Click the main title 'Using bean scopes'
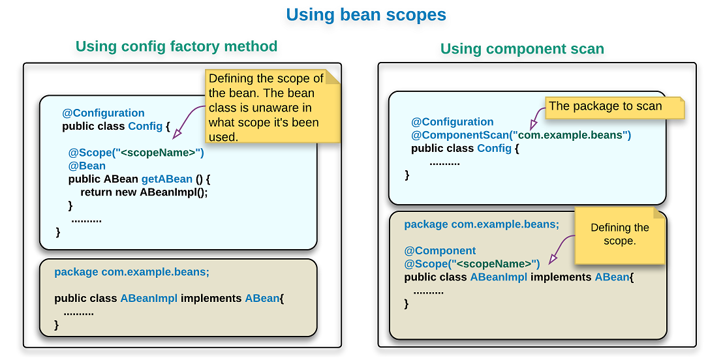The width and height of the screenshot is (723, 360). click(366, 15)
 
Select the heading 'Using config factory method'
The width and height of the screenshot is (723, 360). click(176, 46)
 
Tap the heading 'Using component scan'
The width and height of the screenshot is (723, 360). click(522, 49)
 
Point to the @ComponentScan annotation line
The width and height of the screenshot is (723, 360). click(521, 135)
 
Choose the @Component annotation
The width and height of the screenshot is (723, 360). click(440, 250)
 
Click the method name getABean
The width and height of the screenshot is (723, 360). click(166, 179)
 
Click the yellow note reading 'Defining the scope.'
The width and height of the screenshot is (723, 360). click(619, 235)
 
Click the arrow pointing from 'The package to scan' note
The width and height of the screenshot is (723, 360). click(538, 117)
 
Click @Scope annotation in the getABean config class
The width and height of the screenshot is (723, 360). click(136, 153)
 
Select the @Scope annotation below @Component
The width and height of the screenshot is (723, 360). click(472, 263)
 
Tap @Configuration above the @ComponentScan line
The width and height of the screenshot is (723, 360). click(452, 122)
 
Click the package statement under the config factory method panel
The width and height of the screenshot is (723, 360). click(132, 272)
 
